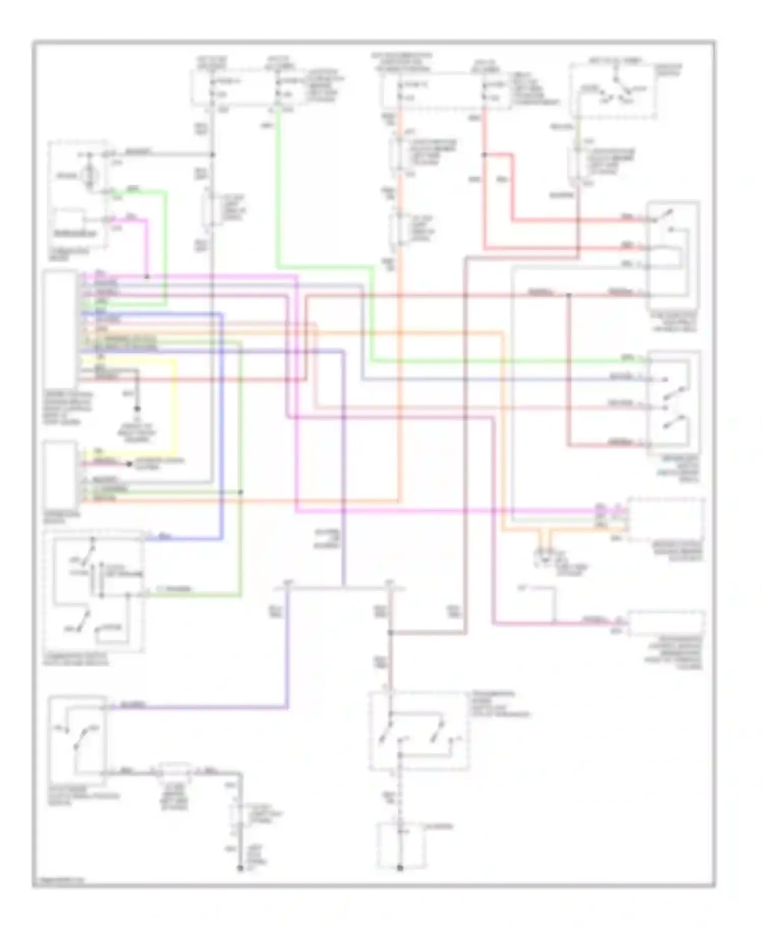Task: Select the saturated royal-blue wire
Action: click(x=222, y=426)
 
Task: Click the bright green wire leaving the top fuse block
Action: click(x=278, y=193)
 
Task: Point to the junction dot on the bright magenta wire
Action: click(x=147, y=277)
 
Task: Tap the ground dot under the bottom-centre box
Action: click(x=400, y=868)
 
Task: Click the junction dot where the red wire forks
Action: click(x=484, y=154)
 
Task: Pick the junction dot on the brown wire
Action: click(x=390, y=633)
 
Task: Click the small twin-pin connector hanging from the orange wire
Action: click(x=545, y=553)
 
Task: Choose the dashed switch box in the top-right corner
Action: click(x=613, y=91)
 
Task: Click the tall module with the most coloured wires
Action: click(x=60, y=330)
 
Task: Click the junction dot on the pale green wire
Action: click(x=240, y=492)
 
